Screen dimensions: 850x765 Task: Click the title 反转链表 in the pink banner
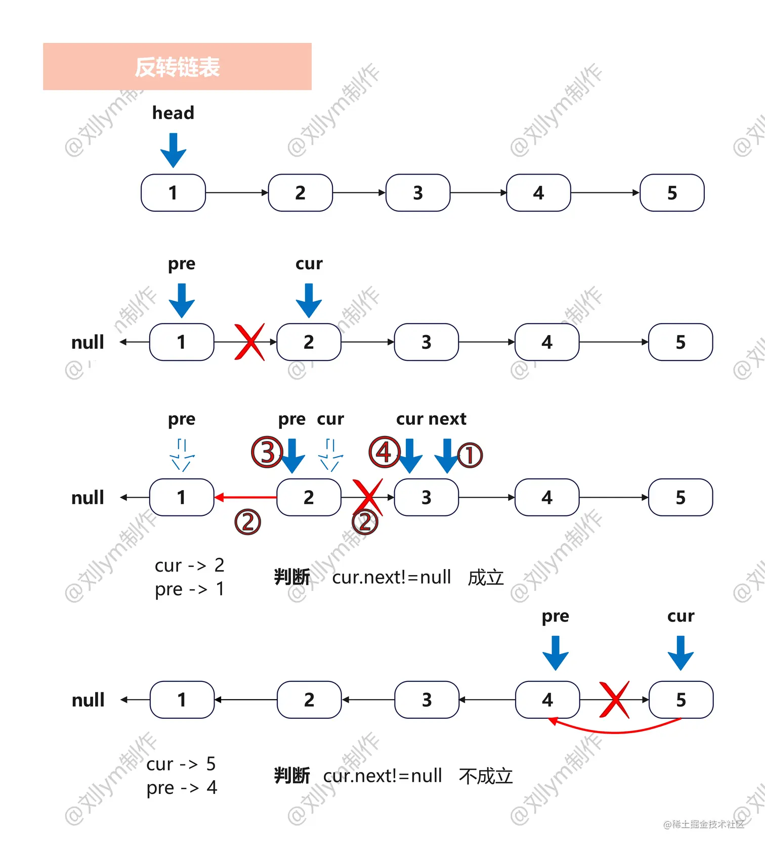pos(177,67)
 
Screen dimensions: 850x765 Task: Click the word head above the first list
pos(173,113)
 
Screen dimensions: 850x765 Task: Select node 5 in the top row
pos(672,193)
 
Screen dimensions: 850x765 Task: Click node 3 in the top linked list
pos(417,193)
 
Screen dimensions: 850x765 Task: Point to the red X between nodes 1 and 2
pos(249,342)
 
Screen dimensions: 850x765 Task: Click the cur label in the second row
pos(309,264)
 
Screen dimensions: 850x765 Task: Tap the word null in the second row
pos(88,343)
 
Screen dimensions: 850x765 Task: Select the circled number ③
pos(267,452)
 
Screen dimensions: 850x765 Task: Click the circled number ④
pos(384,452)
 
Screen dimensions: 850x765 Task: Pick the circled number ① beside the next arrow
pos(470,455)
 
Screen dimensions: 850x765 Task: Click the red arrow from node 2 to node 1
pos(246,498)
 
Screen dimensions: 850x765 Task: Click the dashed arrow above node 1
pos(182,455)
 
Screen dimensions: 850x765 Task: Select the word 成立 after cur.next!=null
pos(486,578)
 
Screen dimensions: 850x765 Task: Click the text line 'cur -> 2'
pos(189,565)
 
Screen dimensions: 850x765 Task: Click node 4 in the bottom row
pos(547,700)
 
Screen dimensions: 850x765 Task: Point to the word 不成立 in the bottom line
pos(486,776)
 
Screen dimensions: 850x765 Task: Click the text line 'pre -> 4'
pos(181,788)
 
